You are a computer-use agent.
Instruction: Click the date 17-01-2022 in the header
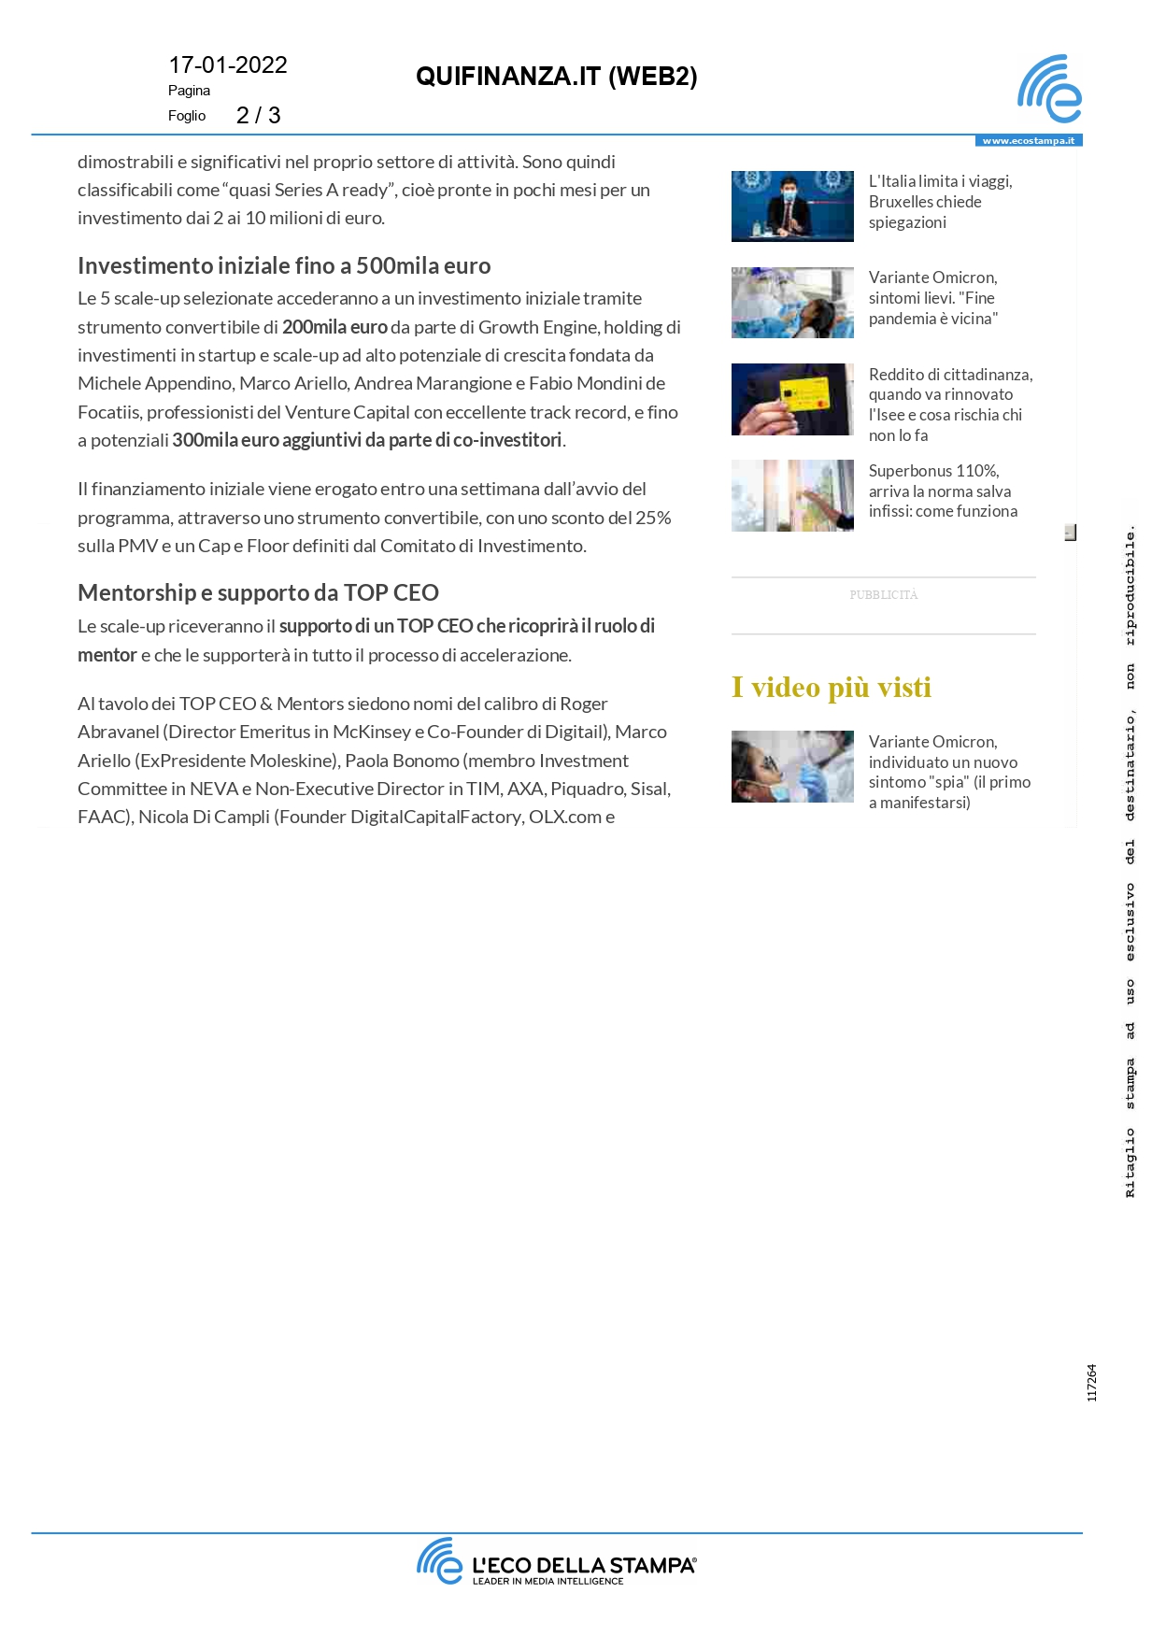(x=228, y=65)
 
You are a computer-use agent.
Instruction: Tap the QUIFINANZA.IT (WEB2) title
(x=556, y=77)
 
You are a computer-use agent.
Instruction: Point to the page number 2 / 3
(x=258, y=116)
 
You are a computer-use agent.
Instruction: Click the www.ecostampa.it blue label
(x=1028, y=141)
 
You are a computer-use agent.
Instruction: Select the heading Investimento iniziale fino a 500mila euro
(x=284, y=266)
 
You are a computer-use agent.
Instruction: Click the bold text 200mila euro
(x=334, y=327)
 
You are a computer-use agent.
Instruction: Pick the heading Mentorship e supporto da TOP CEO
(x=258, y=593)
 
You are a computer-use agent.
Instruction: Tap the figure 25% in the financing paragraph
(x=653, y=518)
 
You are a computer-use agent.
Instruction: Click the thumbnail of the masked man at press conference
(x=792, y=206)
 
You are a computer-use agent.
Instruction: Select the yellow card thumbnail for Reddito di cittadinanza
(x=792, y=399)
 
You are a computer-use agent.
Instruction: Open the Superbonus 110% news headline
(x=943, y=491)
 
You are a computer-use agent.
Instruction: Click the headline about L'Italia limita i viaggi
(x=940, y=202)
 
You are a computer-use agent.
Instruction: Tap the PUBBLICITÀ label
(x=884, y=595)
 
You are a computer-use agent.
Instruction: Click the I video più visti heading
(x=832, y=688)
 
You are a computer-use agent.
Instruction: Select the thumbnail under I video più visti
(x=792, y=766)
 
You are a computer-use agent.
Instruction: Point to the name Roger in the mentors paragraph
(x=584, y=704)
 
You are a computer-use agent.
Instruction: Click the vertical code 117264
(x=1091, y=1383)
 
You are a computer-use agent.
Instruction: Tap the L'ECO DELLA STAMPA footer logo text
(x=583, y=1565)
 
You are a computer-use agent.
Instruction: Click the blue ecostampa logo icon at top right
(x=1049, y=90)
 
